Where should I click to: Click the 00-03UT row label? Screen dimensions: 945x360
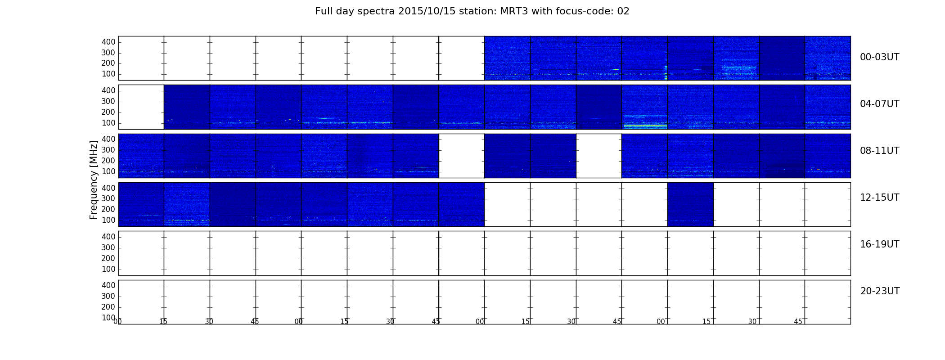point(879,57)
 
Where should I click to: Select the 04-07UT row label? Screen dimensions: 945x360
point(879,104)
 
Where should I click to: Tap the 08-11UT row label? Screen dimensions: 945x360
point(879,151)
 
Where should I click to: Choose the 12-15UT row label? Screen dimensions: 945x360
point(879,198)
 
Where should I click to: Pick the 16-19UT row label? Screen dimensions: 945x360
point(879,244)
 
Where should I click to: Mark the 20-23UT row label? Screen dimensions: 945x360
point(880,291)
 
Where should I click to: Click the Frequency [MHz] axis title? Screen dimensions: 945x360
point(94,180)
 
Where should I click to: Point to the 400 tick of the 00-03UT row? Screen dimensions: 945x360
point(108,42)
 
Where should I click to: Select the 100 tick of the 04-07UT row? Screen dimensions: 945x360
point(108,123)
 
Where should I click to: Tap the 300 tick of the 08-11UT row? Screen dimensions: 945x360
point(108,150)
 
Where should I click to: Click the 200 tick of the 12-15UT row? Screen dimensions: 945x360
point(108,209)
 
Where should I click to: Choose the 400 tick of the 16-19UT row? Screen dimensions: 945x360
point(108,237)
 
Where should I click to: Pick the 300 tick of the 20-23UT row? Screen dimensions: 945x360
point(108,296)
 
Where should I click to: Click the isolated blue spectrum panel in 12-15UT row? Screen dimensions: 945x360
point(690,204)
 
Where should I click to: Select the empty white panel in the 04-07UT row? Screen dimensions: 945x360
point(141,107)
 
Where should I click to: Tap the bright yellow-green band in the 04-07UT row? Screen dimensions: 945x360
point(645,126)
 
